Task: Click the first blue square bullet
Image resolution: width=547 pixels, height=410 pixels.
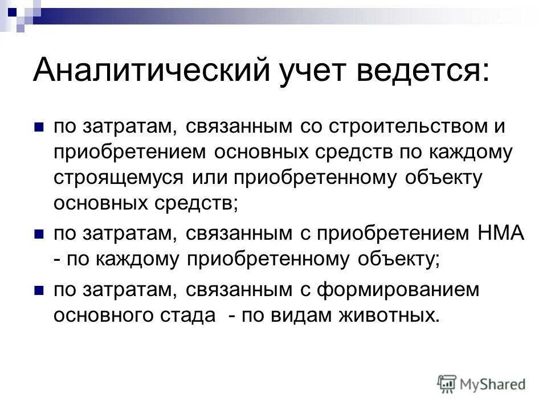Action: pos(39,127)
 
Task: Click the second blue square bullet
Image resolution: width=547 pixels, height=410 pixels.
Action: pos(39,233)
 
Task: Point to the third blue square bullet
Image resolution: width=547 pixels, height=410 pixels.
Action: pos(39,290)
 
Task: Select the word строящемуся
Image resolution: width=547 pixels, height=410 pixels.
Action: pos(119,177)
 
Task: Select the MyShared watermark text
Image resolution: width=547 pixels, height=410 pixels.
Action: pos(493,384)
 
